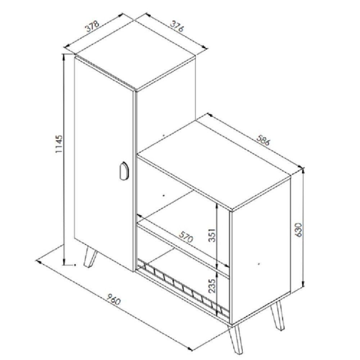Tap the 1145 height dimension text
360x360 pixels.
tap(59, 144)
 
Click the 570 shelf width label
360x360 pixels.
tap(187, 236)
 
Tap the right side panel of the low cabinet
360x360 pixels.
tap(260, 248)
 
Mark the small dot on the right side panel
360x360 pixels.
tap(259, 264)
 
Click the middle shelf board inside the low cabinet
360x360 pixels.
tap(184, 248)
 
